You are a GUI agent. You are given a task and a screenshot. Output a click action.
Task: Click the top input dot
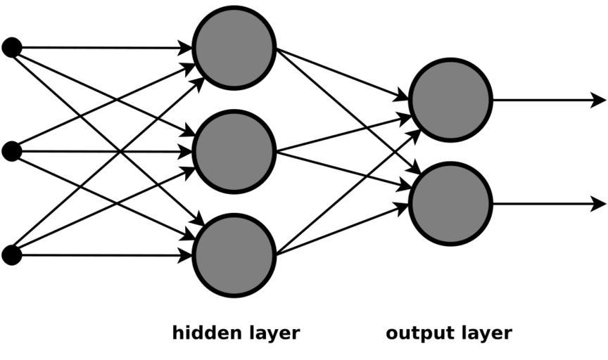pyautogui.click(x=11, y=48)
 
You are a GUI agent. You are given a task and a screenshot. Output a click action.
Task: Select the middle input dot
pyautogui.click(x=11, y=151)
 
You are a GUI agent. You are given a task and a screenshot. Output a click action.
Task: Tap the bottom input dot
pyautogui.click(x=11, y=255)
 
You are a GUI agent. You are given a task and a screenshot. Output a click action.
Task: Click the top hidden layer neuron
pyautogui.click(x=234, y=48)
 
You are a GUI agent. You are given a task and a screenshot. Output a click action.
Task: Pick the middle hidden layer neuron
pyautogui.click(x=234, y=151)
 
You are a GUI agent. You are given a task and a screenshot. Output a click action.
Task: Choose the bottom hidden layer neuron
pyautogui.click(x=234, y=255)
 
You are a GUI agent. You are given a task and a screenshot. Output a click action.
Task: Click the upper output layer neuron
pyautogui.click(x=450, y=100)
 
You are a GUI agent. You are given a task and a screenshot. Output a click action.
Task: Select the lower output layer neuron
pyautogui.click(x=450, y=204)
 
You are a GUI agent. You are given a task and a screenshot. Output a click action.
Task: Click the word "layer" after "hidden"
pyautogui.click(x=271, y=333)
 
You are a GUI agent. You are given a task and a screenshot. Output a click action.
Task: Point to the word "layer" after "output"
pyautogui.click(x=483, y=333)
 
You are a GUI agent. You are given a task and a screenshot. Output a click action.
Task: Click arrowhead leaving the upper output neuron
pyautogui.click(x=598, y=100)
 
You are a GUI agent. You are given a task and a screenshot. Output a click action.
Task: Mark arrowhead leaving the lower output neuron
pyautogui.click(x=598, y=204)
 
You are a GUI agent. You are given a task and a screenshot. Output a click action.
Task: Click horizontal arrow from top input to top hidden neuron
pyautogui.click(x=99, y=48)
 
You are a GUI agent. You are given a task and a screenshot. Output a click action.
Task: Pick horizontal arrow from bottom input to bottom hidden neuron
pyautogui.click(x=99, y=255)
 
